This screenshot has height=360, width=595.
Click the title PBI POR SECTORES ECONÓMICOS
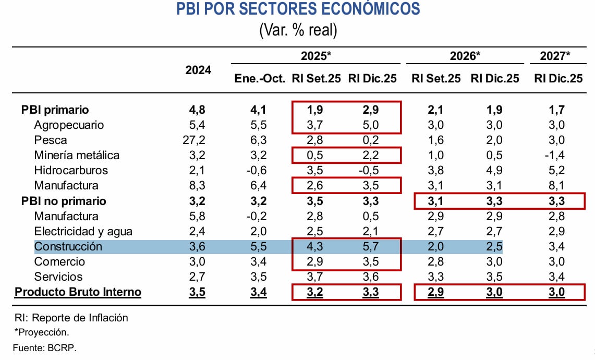(x=298, y=9)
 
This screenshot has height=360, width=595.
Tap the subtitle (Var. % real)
(x=298, y=30)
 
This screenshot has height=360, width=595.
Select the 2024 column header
(x=199, y=70)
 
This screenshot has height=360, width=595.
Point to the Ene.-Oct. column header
(x=259, y=78)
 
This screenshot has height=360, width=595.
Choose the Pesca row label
(x=50, y=140)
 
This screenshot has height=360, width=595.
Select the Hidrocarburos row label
(x=71, y=171)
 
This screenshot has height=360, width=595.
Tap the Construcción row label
(x=68, y=246)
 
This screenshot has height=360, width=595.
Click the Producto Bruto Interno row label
(x=78, y=292)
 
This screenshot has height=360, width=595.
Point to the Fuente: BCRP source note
(x=45, y=348)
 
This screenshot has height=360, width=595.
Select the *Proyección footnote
(x=42, y=332)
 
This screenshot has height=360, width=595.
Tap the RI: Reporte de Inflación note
(x=71, y=318)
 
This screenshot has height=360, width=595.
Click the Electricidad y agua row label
(x=83, y=231)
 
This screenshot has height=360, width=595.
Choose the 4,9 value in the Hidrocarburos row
(x=494, y=171)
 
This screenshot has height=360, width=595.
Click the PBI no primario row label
(x=64, y=201)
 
